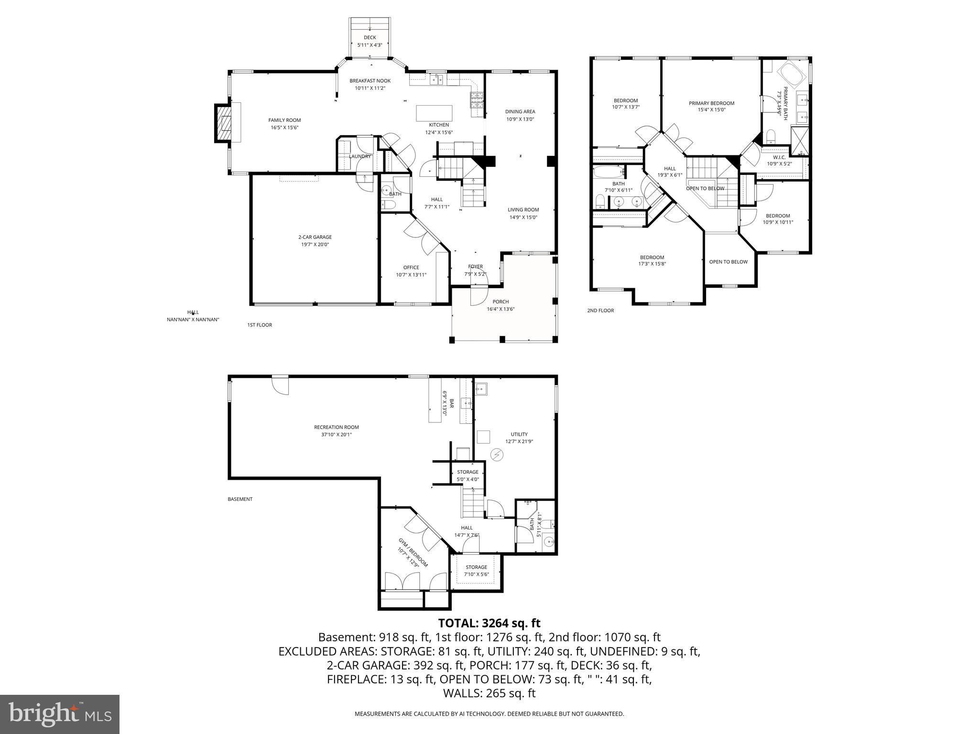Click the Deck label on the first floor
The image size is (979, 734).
click(x=370, y=37)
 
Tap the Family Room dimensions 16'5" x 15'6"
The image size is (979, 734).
click(x=284, y=128)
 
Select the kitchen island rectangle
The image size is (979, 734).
click(x=434, y=113)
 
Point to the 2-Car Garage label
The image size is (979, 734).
click(x=315, y=237)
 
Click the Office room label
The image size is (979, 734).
click(x=411, y=268)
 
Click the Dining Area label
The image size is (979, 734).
click(x=520, y=112)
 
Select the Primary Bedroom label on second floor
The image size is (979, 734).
click(x=711, y=103)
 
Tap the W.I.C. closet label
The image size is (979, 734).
click(x=779, y=157)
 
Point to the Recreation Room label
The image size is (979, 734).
click(x=336, y=427)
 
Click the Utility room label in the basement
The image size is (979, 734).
click(x=519, y=434)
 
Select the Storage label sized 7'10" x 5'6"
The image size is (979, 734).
click(x=476, y=567)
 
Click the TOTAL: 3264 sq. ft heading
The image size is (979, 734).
click(x=489, y=623)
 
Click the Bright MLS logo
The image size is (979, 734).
click(x=60, y=714)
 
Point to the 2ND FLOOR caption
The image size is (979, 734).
click(x=600, y=311)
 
